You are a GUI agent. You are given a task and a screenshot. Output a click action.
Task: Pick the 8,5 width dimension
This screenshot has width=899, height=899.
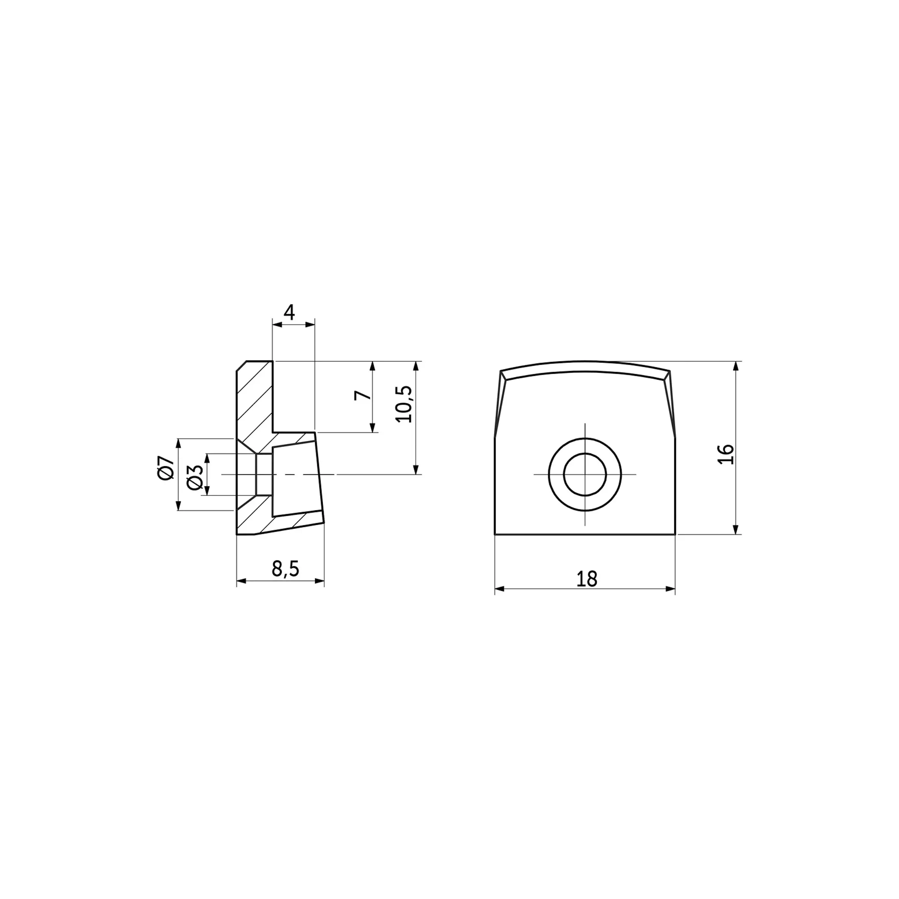(285, 569)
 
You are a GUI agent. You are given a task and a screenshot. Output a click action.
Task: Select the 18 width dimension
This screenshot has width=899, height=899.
(586, 579)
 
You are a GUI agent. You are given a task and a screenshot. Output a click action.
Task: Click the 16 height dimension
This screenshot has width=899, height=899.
(726, 454)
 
